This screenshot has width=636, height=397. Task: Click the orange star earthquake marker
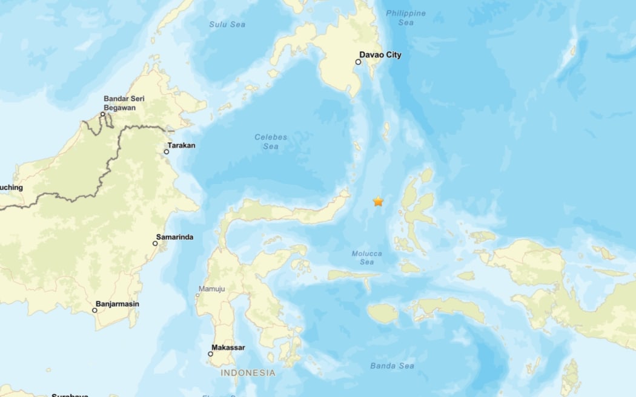pyautogui.click(x=379, y=202)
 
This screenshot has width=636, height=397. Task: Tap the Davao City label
pyautogui.click(x=382, y=55)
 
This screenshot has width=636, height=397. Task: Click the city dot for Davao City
pyautogui.click(x=359, y=62)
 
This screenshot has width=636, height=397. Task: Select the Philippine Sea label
pyautogui.click(x=406, y=18)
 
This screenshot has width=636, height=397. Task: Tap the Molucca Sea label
pyautogui.click(x=367, y=258)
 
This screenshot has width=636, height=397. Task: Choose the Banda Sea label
pyautogui.click(x=392, y=366)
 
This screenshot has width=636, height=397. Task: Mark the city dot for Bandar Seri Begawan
pyautogui.click(x=103, y=114)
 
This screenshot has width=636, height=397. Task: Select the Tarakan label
pyautogui.click(x=181, y=145)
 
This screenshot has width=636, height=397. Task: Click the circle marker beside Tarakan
pyautogui.click(x=167, y=152)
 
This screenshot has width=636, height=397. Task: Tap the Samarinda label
pyautogui.click(x=174, y=237)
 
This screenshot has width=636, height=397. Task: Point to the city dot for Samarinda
pyautogui.click(x=155, y=243)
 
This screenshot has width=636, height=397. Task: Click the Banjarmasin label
pyautogui.click(x=117, y=304)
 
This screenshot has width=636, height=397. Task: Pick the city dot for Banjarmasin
pyautogui.click(x=94, y=310)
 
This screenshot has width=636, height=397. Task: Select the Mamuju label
pyautogui.click(x=211, y=289)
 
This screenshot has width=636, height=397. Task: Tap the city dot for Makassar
pyautogui.click(x=211, y=354)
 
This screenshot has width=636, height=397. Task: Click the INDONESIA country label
pyautogui.click(x=247, y=373)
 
